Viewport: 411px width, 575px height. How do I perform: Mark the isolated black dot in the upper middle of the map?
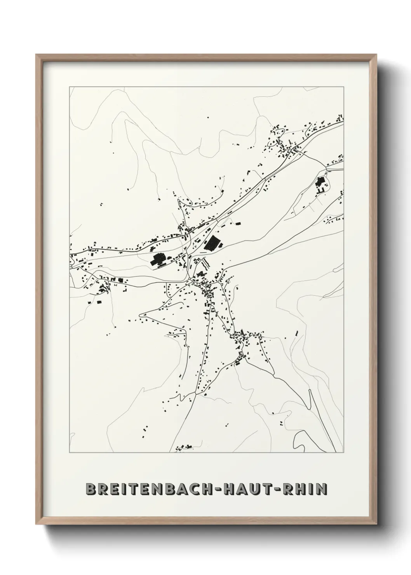207,117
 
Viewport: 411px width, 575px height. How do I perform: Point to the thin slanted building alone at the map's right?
296,333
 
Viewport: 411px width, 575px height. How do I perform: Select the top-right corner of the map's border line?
344,87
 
